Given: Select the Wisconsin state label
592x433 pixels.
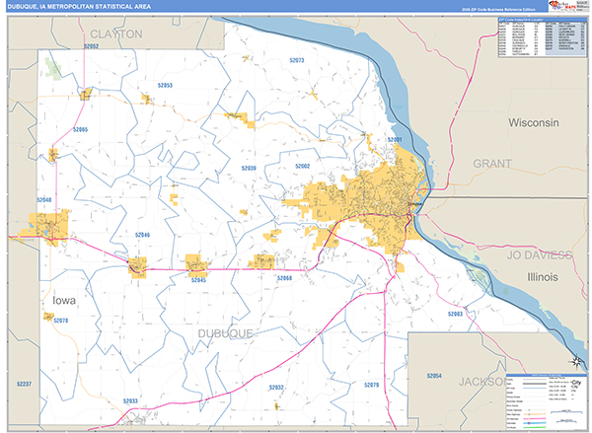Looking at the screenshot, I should (x=533, y=122).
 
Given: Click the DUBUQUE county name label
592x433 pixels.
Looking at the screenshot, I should (x=225, y=334).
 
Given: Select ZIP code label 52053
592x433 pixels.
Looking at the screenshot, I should (x=164, y=86).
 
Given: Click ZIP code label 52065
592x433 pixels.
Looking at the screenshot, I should (x=79, y=130).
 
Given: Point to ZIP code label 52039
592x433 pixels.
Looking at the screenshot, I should (x=248, y=169).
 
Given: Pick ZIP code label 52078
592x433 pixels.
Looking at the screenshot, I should (x=59, y=321).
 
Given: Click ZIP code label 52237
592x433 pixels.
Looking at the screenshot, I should (x=24, y=383).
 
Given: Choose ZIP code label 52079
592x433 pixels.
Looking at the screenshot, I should (x=371, y=384).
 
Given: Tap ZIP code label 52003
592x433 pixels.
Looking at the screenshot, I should (x=455, y=313).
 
